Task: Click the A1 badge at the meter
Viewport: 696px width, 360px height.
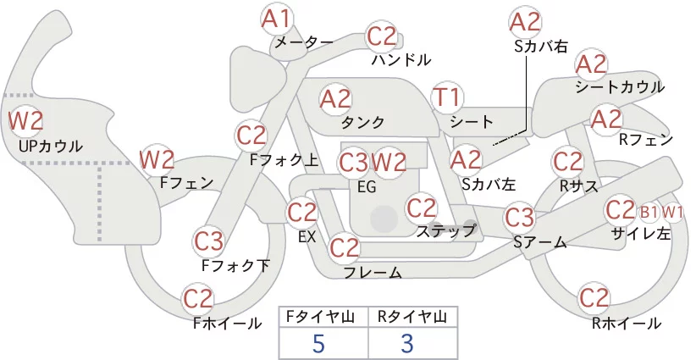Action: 276,19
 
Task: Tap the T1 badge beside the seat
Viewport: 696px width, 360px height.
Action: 448,97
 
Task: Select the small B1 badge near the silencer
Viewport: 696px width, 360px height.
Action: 649,213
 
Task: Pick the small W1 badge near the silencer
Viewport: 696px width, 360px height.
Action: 672,213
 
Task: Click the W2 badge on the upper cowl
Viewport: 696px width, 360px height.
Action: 25,121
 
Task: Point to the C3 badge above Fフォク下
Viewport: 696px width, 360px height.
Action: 209,242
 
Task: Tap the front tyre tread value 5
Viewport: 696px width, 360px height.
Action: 318,343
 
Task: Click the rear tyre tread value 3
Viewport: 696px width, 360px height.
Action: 407,343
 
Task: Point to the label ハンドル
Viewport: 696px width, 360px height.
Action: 401,59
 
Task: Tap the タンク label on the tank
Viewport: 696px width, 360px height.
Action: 362,123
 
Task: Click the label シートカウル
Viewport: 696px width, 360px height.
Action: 620,87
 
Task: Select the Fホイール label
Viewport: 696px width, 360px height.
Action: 227,324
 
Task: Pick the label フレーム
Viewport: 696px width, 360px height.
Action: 373,273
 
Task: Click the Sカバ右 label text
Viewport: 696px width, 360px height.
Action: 541,47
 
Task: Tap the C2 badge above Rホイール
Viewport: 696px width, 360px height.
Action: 594,298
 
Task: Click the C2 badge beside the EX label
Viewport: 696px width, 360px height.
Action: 301,213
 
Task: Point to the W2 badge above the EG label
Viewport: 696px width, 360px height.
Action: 389,163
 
